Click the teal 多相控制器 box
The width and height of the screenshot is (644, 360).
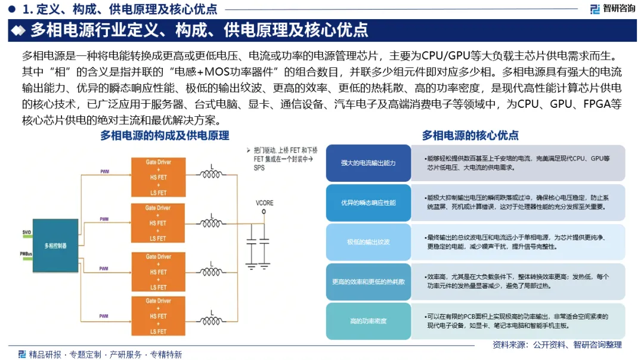click(x=55, y=246)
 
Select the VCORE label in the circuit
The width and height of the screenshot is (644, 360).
click(x=264, y=203)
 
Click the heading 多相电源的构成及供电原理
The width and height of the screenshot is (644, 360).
click(x=165, y=135)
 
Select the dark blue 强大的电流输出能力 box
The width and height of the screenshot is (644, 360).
click(x=369, y=163)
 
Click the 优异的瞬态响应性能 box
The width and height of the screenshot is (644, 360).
click(x=369, y=203)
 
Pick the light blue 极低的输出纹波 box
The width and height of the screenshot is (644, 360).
click(x=369, y=242)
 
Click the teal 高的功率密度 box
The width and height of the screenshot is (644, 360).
click(x=369, y=321)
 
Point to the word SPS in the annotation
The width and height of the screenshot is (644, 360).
click(x=259, y=168)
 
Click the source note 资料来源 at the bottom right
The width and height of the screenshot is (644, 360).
click(x=556, y=345)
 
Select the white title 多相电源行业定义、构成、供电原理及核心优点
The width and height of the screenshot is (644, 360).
click(x=199, y=30)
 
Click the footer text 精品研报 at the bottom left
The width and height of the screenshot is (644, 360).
click(x=45, y=354)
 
